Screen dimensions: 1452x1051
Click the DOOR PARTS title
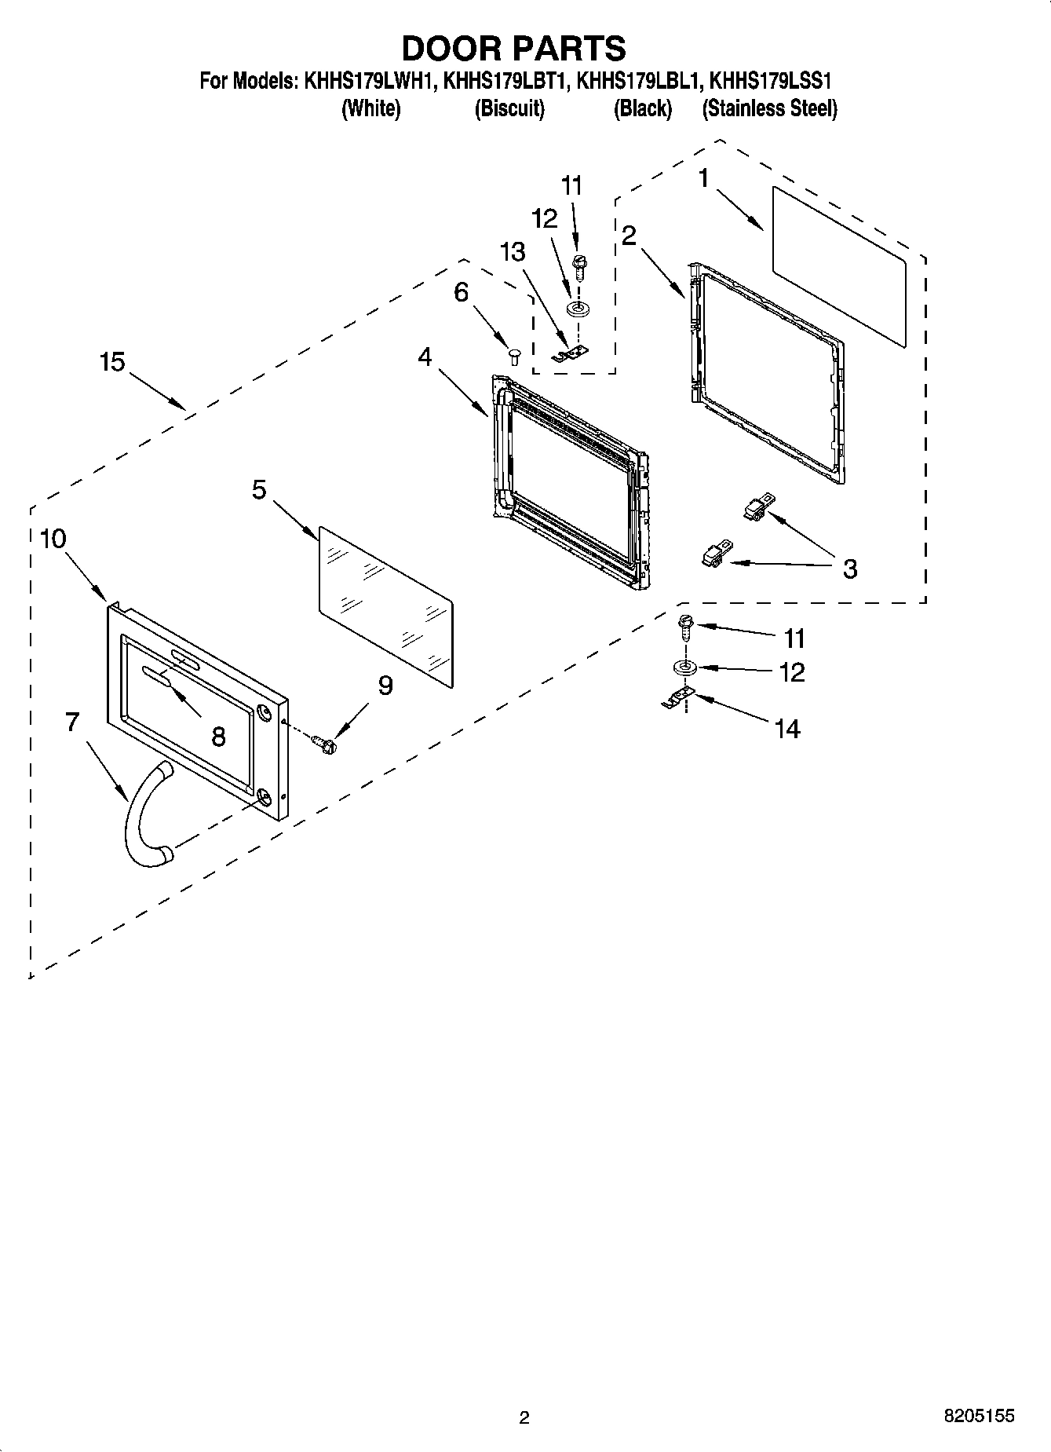513,48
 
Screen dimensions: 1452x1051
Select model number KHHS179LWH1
368,81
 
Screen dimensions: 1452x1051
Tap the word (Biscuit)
509,108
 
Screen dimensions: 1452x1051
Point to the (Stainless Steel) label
769,108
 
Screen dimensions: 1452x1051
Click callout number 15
112,362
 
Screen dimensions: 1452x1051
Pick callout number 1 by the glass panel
703,178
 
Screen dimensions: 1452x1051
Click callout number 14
787,730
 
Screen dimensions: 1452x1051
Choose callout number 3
850,569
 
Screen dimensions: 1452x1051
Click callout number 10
53,539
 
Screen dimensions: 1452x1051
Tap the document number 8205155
978,1416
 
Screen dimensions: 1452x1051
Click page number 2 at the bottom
524,1417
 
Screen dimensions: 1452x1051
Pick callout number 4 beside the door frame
425,357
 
